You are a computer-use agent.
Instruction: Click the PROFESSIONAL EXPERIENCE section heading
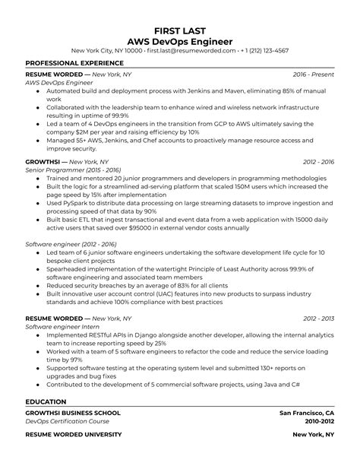click(74, 63)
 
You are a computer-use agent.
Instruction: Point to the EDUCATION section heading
click(46, 401)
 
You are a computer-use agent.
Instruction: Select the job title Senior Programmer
click(51, 171)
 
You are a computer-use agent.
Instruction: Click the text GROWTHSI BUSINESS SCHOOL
click(73, 413)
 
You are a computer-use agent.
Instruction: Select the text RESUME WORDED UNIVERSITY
click(74, 434)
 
